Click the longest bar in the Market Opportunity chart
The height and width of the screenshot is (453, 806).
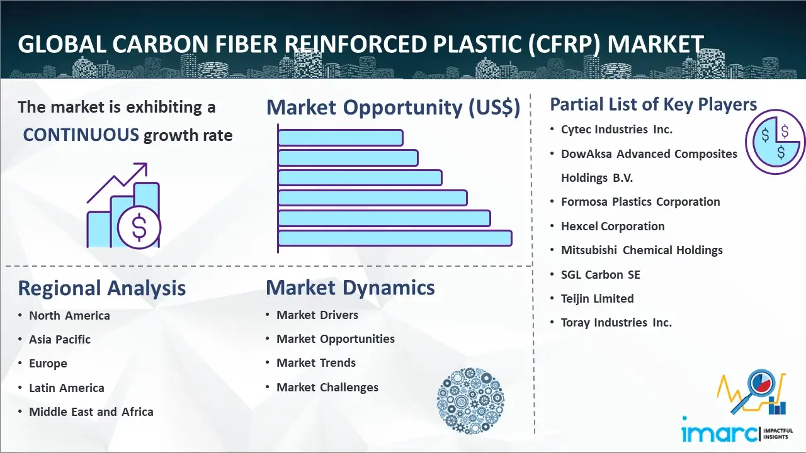click(395, 238)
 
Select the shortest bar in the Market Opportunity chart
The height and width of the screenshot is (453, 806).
click(341, 138)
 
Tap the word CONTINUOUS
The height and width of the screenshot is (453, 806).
click(81, 135)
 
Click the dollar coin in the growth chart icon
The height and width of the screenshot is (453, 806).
click(139, 228)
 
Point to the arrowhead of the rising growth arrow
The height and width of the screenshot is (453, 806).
click(143, 167)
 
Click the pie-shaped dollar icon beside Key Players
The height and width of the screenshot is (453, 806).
click(775, 142)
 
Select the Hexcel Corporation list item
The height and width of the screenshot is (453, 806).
click(613, 226)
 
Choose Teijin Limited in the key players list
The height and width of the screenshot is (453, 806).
click(598, 298)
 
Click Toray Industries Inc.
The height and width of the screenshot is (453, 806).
click(616, 323)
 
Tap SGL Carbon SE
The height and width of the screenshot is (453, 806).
click(601, 275)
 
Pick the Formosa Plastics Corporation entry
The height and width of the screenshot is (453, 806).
click(640, 202)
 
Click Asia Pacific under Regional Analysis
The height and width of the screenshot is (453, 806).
click(60, 339)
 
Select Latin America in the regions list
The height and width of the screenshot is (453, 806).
click(67, 388)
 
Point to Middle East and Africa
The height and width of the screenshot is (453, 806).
click(91, 411)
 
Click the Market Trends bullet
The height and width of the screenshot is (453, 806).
click(316, 363)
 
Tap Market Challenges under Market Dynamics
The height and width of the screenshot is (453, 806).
click(327, 387)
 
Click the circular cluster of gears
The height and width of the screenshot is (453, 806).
click(470, 401)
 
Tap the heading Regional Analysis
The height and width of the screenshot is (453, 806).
click(102, 288)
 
